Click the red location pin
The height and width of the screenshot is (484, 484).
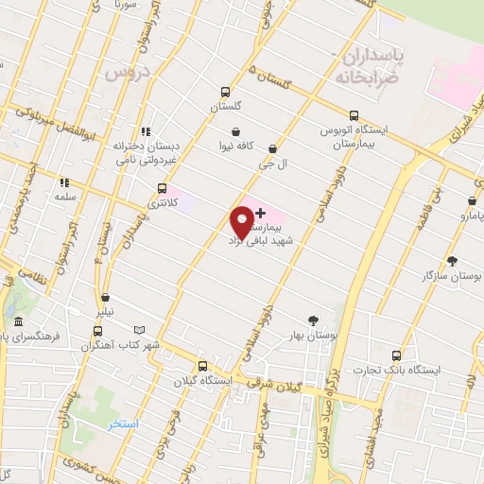tap(242, 220)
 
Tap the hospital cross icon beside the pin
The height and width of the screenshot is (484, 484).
tap(261, 213)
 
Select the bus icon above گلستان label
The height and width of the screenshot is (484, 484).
tap(225, 92)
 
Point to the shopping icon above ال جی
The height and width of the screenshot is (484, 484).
tap(272, 148)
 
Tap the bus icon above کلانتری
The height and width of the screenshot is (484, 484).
tap(163, 187)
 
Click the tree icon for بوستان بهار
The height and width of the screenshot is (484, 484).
tap(314, 320)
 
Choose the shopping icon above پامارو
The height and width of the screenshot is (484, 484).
tap(472, 200)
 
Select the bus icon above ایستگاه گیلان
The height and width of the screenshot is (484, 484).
tap(201, 366)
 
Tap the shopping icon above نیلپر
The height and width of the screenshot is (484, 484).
tap(105, 298)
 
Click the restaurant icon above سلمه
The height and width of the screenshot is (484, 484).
tap(64, 182)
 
